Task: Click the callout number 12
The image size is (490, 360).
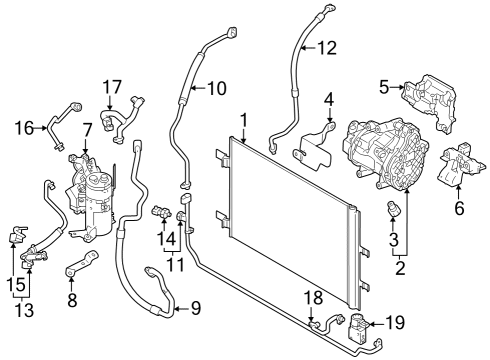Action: [x=327, y=48]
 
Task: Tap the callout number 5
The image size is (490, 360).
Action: [x=384, y=87]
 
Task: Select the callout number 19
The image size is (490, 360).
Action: [x=395, y=322]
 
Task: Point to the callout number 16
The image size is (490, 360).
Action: [x=24, y=128]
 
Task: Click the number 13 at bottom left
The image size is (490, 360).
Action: [x=24, y=310]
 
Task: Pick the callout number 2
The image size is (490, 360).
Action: [x=400, y=268]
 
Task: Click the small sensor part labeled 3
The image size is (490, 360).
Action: [x=394, y=207]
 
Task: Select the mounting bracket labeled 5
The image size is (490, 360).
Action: [x=429, y=103]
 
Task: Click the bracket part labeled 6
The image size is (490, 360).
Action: [x=460, y=165]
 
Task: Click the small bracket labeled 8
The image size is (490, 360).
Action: [x=82, y=263]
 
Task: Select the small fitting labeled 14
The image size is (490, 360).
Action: [x=162, y=212]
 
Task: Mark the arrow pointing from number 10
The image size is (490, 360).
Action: [x=199, y=88]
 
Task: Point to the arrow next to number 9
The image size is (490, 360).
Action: [x=182, y=309]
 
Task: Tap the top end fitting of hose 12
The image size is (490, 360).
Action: [x=329, y=9]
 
